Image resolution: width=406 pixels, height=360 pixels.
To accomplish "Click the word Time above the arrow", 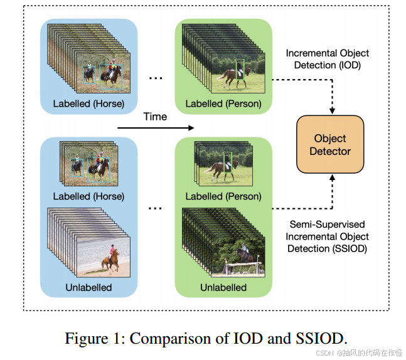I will [155, 116].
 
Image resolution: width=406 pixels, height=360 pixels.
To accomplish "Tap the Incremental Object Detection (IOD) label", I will [327, 58].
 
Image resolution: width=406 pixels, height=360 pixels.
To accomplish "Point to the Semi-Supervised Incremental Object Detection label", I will [327, 236].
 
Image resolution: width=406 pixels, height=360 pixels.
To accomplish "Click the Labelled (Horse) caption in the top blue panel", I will [88, 103].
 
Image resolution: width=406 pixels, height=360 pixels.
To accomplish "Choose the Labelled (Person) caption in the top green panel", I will [223, 103].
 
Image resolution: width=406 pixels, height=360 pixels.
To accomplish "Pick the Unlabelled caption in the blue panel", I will [88, 287].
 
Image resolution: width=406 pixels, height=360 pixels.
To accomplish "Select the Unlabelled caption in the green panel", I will [223, 287].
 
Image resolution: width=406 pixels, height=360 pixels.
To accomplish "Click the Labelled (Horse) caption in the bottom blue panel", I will [88, 196].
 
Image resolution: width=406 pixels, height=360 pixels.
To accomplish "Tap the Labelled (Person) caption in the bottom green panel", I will [223, 196].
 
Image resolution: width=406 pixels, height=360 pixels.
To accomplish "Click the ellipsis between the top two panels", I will [156, 78].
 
